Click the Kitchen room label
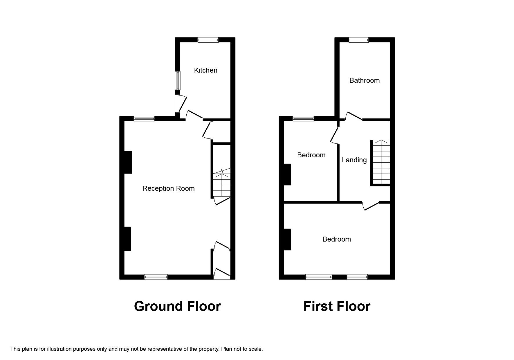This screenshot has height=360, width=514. point(205,70)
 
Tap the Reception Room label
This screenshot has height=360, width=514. point(168,189)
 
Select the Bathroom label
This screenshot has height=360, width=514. point(365,80)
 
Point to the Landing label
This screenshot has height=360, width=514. point(354,160)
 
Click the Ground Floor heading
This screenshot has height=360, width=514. point(177,306)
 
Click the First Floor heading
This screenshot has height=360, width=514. point(337,306)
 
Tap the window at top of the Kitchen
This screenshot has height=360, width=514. point(208,40)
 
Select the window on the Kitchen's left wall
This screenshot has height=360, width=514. point(178,80)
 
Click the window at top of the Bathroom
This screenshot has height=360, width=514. point(359,40)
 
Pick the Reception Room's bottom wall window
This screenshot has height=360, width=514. point(156,277)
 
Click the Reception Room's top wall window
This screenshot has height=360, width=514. point(144,118)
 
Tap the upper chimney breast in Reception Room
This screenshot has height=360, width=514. point(128,162)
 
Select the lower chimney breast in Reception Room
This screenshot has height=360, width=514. point(127,239)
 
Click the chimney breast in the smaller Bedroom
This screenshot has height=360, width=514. point(287,174)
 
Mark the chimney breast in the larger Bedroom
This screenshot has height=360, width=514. point(287,240)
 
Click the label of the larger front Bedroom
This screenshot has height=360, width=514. point(337,239)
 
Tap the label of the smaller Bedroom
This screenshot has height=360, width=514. point(311,155)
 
